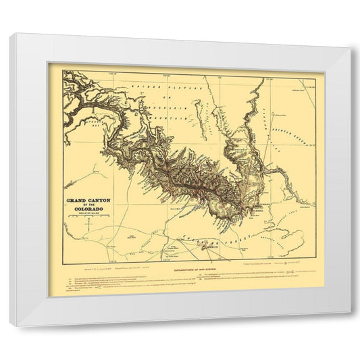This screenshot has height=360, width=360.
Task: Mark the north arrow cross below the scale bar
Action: (x=88, y=230)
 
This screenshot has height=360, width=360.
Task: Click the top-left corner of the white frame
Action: (x=10, y=34)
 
